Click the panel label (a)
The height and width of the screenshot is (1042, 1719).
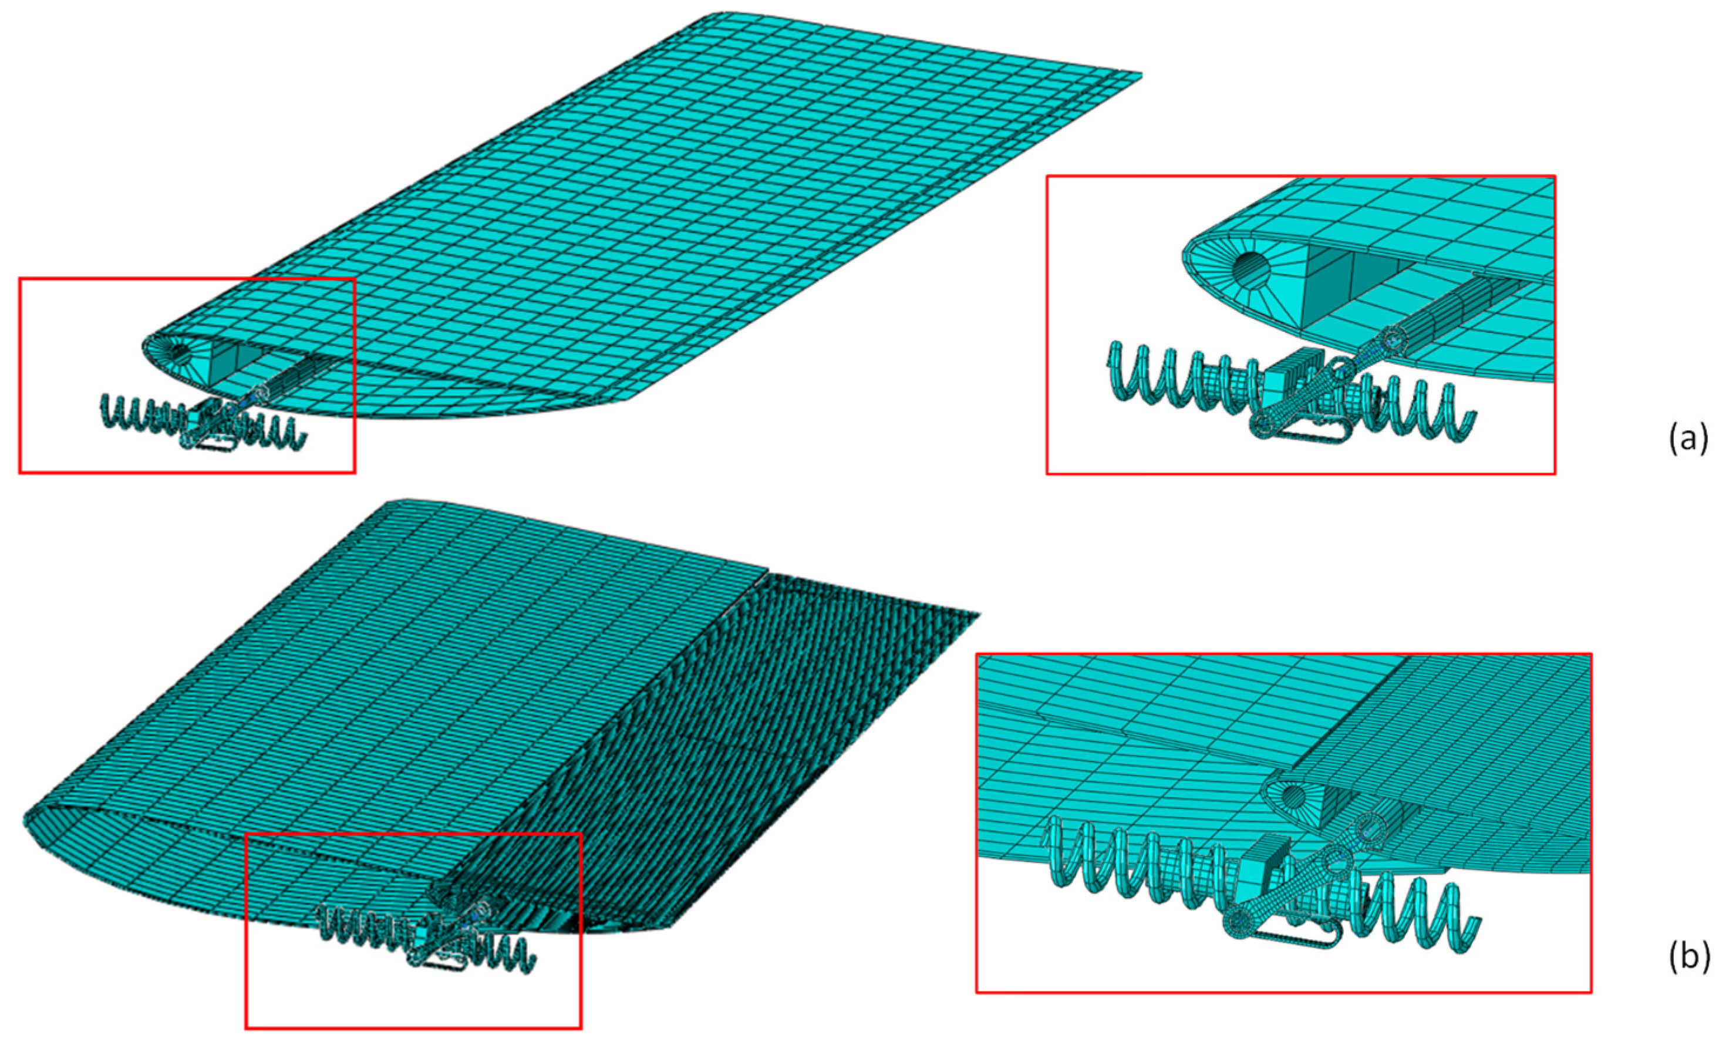1688,439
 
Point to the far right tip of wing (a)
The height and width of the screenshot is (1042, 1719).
1141,74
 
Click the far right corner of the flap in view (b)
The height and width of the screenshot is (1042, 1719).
979,614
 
